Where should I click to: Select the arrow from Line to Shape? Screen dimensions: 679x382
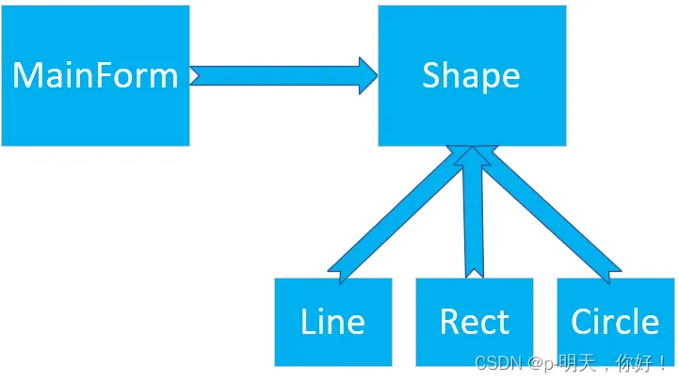click(x=396, y=212)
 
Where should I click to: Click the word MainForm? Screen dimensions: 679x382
click(x=94, y=75)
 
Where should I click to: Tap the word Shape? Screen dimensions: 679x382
click(x=471, y=75)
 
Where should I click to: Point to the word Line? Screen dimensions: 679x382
click(x=332, y=322)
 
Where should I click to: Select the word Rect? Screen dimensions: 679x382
click(x=474, y=322)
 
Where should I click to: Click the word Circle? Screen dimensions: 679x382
click(x=615, y=322)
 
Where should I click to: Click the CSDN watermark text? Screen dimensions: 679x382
click(x=571, y=363)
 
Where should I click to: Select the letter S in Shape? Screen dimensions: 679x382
click(x=431, y=75)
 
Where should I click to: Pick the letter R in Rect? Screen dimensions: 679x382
click(x=449, y=322)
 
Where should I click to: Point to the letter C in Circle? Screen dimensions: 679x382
click(x=582, y=322)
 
